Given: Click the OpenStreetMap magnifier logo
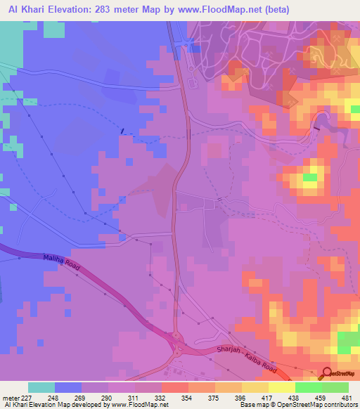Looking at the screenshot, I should click(x=328, y=373).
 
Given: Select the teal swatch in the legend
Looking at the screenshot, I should click(x=41, y=387).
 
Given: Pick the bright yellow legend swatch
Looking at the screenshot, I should click(x=281, y=387).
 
